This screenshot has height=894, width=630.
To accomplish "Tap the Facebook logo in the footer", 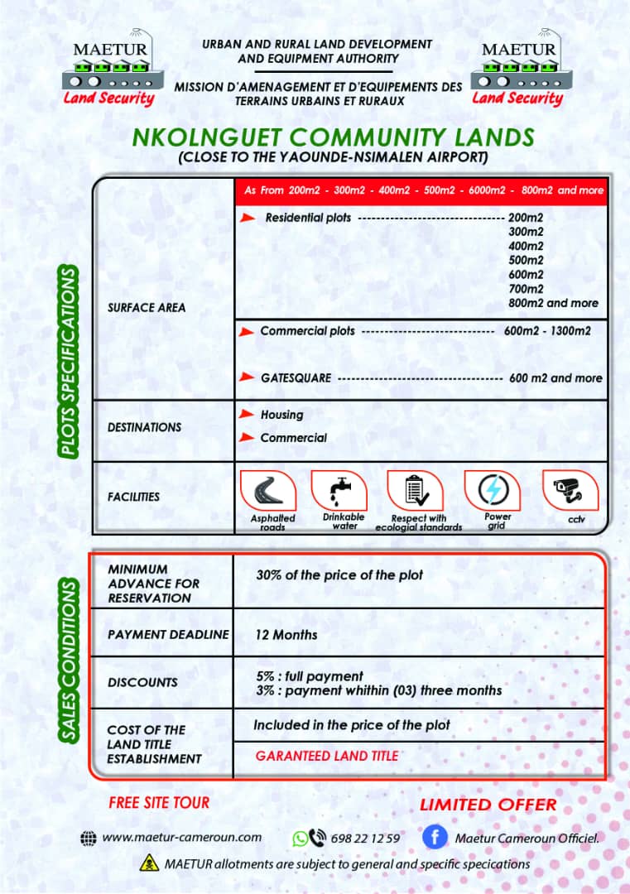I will click(435, 837).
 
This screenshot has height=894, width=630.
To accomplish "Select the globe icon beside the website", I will click(89, 838).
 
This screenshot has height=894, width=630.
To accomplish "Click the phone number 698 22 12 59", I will click(365, 838).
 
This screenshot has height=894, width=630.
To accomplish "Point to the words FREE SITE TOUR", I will click(159, 802).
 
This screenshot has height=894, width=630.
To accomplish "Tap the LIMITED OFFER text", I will click(488, 805).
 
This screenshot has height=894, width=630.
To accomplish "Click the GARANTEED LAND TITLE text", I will click(326, 756).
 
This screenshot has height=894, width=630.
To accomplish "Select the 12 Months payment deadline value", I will click(286, 635).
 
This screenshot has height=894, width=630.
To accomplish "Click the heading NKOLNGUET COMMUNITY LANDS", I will click(333, 137).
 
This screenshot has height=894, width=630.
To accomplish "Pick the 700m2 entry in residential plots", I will click(526, 289).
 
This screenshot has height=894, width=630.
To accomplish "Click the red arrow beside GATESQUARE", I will click(246, 377).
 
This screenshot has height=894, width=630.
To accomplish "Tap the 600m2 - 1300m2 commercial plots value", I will click(546, 331).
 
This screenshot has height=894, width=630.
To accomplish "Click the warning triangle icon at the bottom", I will click(151, 864).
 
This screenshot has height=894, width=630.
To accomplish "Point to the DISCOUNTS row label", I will click(142, 682).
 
